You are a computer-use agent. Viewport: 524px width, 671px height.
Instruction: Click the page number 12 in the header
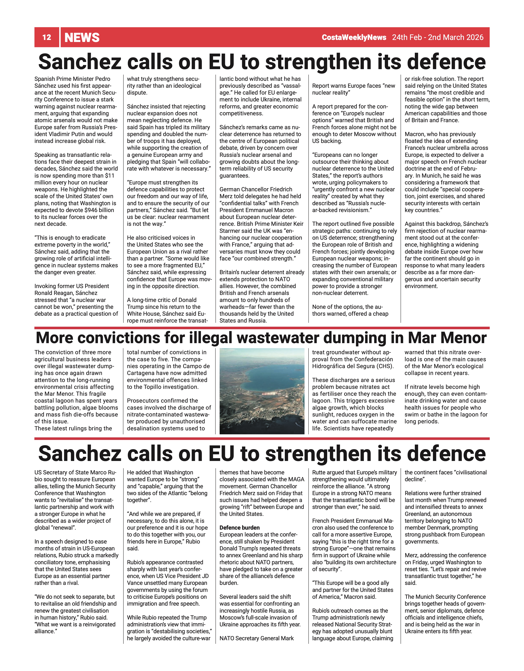pyautogui.click(x=47, y=37)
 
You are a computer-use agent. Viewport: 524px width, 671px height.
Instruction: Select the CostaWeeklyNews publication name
pyautogui.click(x=354, y=37)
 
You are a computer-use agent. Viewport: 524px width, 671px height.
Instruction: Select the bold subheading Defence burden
pyautogui.click(x=240, y=528)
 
